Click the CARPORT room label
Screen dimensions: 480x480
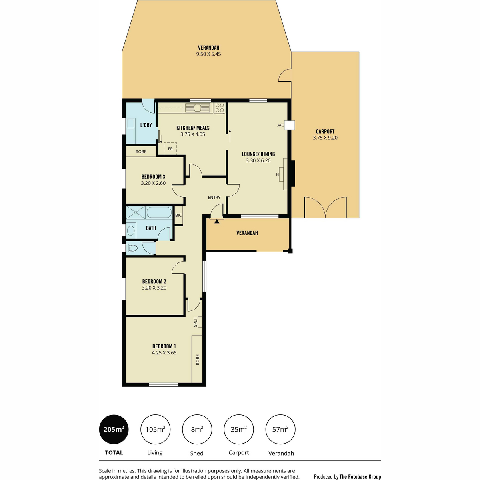325,131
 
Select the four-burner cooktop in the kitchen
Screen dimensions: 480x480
220,108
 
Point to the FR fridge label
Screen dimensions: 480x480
170,149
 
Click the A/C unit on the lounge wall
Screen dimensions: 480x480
290,125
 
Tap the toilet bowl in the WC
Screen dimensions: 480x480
132,248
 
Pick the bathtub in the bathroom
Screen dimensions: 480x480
159,212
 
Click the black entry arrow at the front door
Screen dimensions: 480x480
217,221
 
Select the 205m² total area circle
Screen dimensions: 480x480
114,429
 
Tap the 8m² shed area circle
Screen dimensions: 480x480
197,429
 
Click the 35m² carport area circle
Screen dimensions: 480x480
239,429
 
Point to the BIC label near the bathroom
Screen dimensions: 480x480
178,215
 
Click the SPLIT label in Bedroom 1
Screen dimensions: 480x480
196,322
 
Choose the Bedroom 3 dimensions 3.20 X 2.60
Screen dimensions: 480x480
153,183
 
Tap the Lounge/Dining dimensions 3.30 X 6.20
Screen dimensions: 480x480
258,160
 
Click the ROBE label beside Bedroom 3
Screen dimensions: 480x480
141,152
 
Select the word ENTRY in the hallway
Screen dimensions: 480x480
214,197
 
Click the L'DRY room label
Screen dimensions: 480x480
146,125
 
